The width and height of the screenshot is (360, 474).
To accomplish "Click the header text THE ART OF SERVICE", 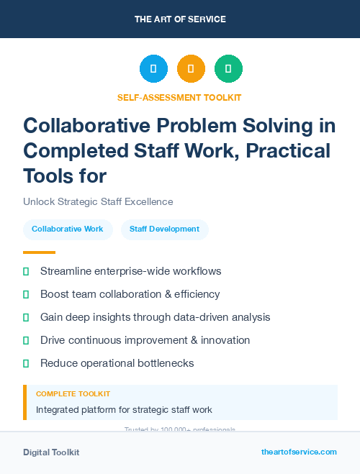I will (x=180, y=19).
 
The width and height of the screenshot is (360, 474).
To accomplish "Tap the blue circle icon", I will (x=153, y=69).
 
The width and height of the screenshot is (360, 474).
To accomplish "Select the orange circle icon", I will (x=191, y=69).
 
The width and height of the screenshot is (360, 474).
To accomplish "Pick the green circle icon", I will (x=228, y=69).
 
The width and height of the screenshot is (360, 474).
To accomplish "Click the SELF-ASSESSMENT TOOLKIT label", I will (x=179, y=97).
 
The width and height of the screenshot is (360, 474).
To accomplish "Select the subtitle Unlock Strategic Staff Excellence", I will (x=98, y=201).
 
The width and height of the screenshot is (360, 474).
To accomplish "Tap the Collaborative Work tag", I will (x=68, y=229).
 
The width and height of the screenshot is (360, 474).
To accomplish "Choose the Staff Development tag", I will (x=164, y=229).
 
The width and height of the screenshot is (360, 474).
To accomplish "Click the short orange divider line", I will (x=39, y=252).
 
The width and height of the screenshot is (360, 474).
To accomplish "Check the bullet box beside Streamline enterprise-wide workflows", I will (x=26, y=271).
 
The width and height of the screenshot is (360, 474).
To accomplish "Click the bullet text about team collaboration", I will (x=130, y=294).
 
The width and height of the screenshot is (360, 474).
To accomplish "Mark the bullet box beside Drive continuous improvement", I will (x=26, y=340).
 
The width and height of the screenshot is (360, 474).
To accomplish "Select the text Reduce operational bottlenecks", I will (x=117, y=363).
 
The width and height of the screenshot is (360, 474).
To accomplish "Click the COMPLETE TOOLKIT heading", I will (x=73, y=394).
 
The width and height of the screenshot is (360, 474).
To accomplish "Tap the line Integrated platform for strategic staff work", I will (x=124, y=410).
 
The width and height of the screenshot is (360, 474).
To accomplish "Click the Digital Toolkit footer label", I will (x=51, y=452).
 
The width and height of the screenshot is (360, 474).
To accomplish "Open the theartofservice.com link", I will (x=299, y=452).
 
